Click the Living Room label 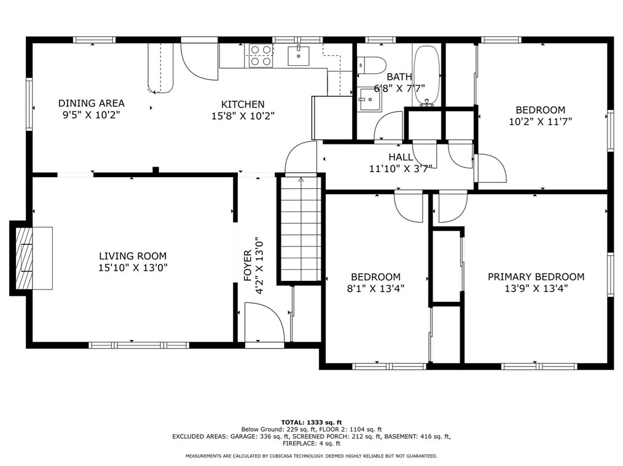coord(133,256)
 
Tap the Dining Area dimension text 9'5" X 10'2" coord(92,116)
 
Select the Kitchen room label coord(243,104)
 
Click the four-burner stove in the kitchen coord(261,55)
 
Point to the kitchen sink coord(299,55)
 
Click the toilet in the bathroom coord(371,65)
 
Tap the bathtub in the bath coord(427,76)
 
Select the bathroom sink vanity coord(369,99)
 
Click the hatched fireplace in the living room coord(24,258)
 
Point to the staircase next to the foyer coord(301,229)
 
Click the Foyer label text coord(247,266)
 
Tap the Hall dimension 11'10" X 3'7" coord(401,168)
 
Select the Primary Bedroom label coord(536,277)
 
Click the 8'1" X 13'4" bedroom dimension coord(375,288)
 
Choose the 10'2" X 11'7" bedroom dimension coord(540,121)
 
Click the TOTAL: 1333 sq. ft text coord(311,422)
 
